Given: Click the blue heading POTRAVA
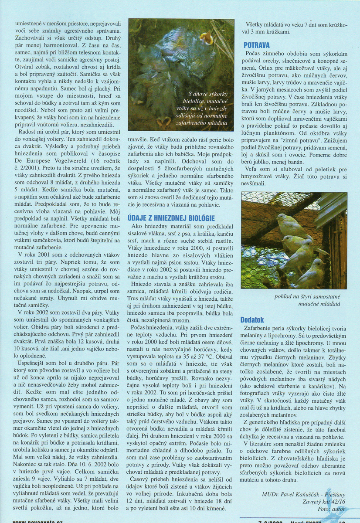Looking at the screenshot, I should (x=257, y=45).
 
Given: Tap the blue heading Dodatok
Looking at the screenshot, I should (x=252, y=319).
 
